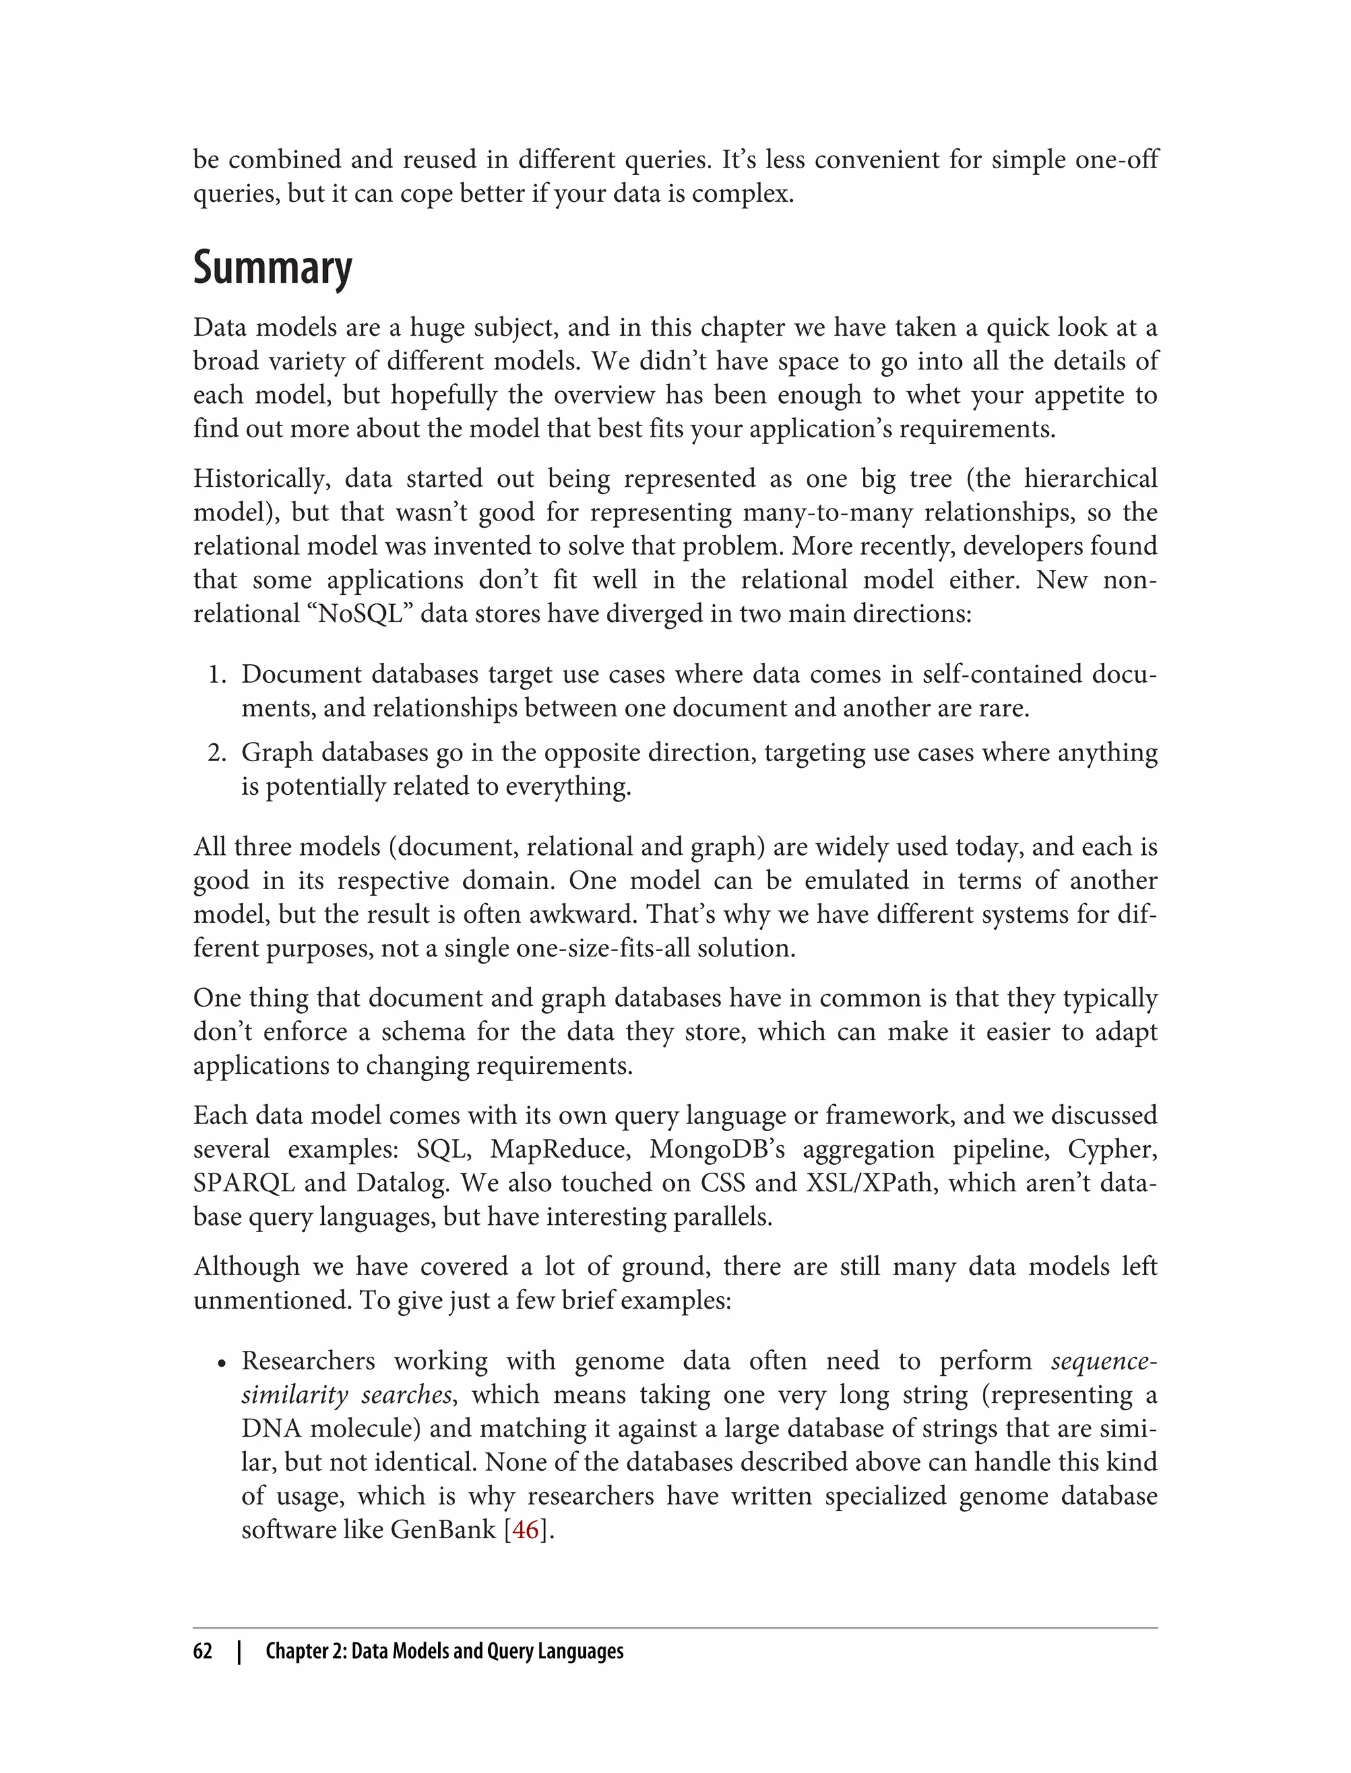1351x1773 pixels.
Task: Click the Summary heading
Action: (x=272, y=268)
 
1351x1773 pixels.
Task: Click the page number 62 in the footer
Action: (x=203, y=1651)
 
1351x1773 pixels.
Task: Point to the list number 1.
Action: (x=216, y=674)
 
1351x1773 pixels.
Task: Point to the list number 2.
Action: (x=216, y=753)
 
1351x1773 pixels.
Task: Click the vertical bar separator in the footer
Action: (x=239, y=1651)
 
